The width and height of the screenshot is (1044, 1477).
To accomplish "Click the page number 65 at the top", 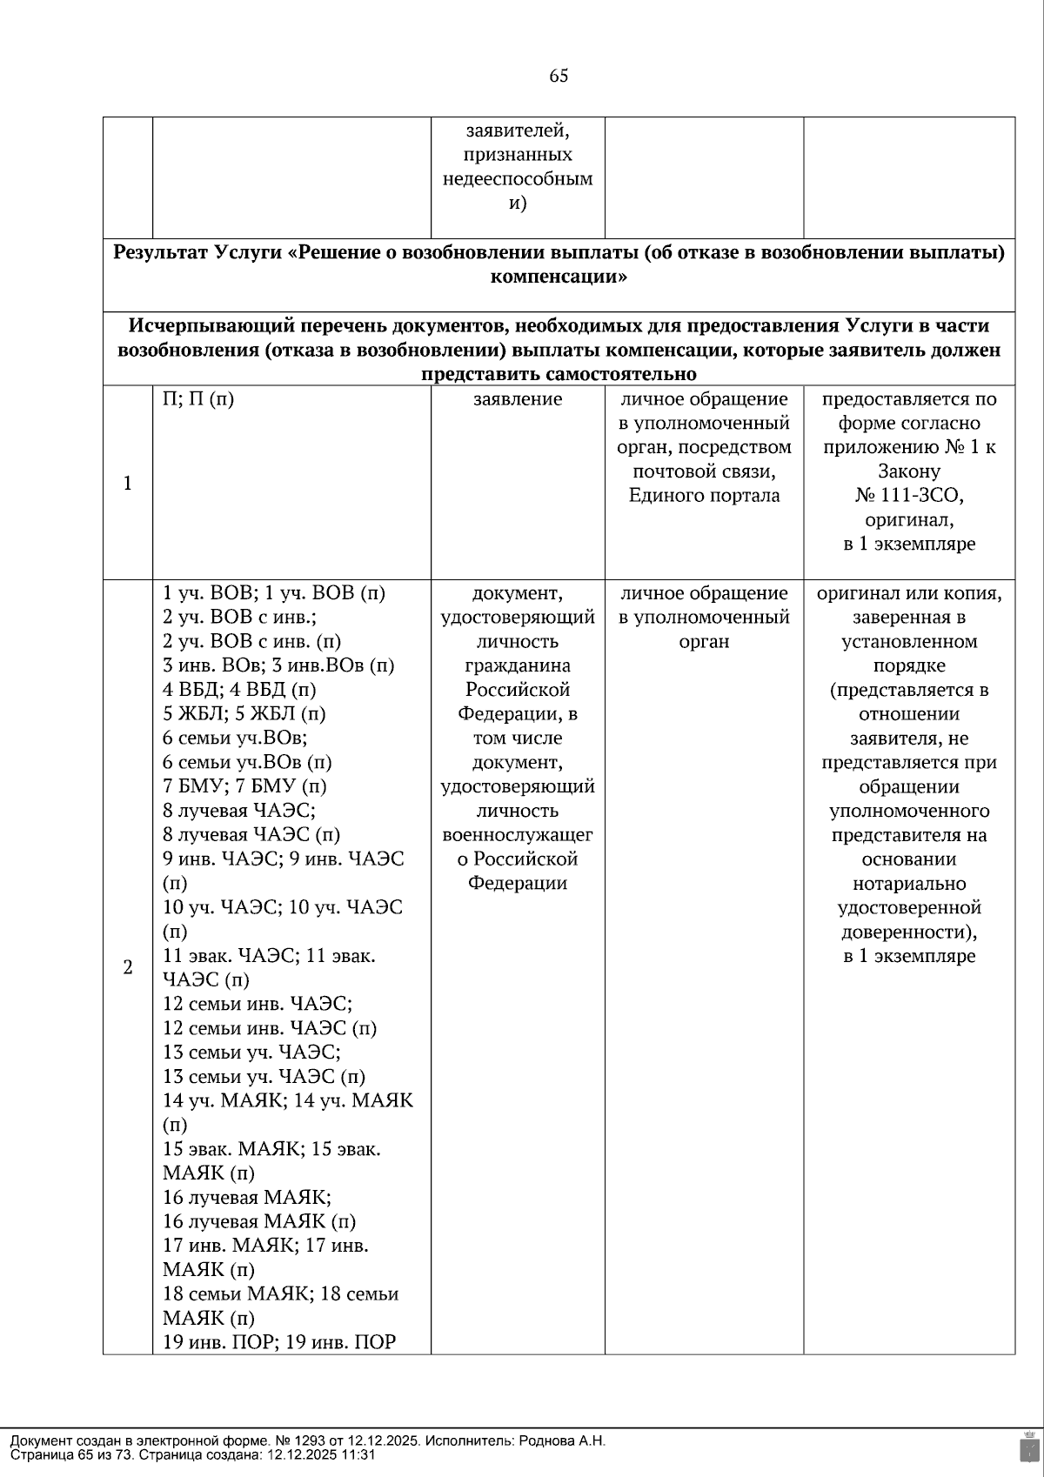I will coord(559,76).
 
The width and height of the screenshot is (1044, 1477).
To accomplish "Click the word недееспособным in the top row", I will coord(518,179).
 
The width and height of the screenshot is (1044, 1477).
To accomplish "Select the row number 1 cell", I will coord(128,483).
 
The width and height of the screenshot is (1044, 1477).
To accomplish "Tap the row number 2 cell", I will coord(128,967).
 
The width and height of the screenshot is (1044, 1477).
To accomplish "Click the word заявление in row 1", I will coord(518,399).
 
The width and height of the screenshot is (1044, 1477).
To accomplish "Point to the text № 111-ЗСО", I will coord(908,496).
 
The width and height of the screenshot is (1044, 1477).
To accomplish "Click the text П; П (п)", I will coord(198,399).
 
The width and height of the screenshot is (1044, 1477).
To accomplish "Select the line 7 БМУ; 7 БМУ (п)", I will coord(244,786).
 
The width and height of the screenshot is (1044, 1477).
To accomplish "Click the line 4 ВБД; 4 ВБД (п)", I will coord(239,690).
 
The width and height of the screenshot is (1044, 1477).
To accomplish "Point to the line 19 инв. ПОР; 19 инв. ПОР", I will coord(279,1342).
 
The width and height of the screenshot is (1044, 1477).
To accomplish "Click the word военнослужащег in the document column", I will coord(518,835).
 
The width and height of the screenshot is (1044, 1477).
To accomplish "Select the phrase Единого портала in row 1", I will coord(704,496).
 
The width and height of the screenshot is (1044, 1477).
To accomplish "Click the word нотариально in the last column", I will coord(908,884).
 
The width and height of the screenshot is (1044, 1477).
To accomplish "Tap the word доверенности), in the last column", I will coord(908,932).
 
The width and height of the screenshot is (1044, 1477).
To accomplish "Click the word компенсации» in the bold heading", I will coord(559,277).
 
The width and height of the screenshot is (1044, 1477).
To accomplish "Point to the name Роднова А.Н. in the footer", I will coord(561,1440).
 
